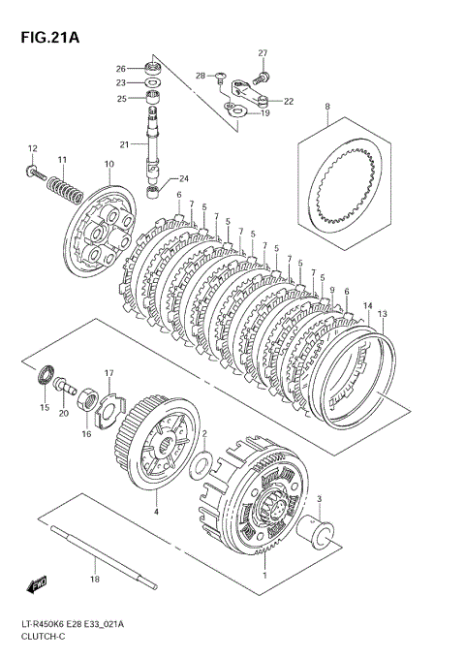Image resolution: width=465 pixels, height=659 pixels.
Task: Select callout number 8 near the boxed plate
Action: click(327, 107)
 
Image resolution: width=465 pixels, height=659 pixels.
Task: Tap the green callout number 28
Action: click(201, 75)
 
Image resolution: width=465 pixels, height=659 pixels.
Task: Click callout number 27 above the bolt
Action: click(262, 52)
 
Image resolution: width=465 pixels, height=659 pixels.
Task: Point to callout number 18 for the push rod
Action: click(95, 579)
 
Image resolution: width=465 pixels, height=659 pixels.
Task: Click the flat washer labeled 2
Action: click(201, 462)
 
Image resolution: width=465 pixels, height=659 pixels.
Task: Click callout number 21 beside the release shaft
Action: click(124, 144)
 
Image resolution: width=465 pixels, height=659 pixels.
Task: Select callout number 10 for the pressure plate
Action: click(109, 165)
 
